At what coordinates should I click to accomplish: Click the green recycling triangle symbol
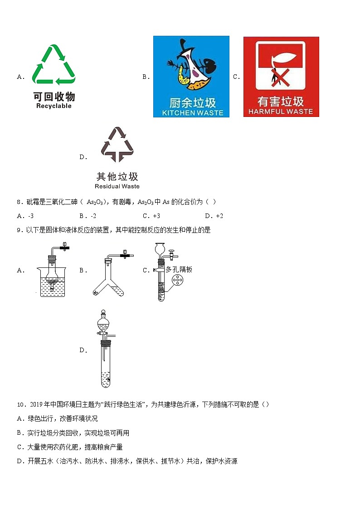coord(54,64)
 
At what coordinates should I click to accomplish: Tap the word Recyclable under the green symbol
coord(54,106)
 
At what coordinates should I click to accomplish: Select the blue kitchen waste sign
coord(191,76)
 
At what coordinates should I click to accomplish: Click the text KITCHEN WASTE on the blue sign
coord(192,113)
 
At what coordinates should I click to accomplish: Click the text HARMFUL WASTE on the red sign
coord(281,111)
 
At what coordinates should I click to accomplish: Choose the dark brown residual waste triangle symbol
coord(117,145)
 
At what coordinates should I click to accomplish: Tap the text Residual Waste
coord(117,186)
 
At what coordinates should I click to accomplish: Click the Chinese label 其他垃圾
coord(117,176)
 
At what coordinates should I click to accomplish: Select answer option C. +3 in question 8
coord(151,216)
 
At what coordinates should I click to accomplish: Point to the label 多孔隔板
coord(179,269)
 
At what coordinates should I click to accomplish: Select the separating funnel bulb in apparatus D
coord(104,323)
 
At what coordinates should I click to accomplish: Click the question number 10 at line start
coord(20,404)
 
